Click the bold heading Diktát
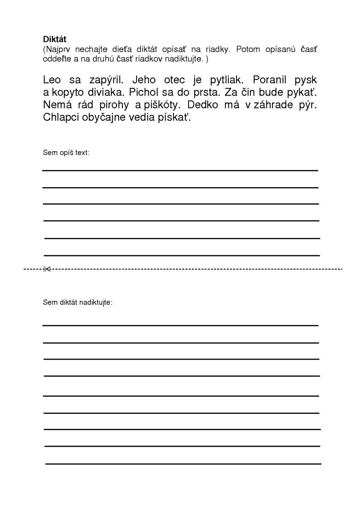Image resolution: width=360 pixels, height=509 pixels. click(55, 39)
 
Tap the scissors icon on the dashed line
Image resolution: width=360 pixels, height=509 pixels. click(47, 269)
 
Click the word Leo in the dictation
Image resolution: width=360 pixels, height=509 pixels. click(52, 80)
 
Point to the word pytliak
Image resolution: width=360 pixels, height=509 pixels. click(226, 80)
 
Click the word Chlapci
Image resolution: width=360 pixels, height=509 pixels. click(61, 117)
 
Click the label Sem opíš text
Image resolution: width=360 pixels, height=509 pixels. click(66, 152)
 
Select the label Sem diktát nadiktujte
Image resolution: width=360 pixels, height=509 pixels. click(77, 302)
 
